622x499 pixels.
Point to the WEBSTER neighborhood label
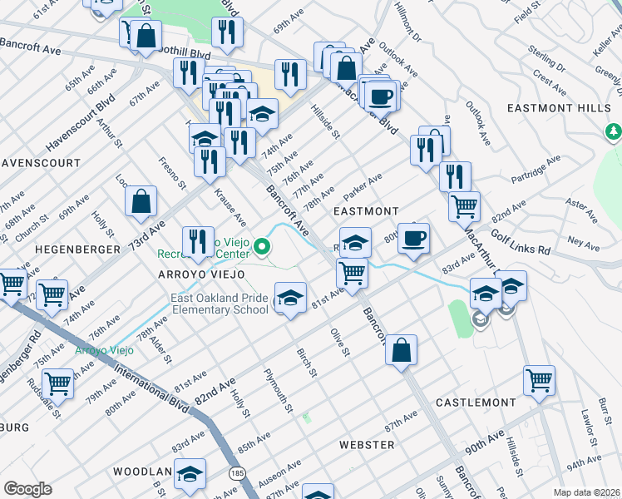point(367,445)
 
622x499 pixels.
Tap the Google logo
point(27,489)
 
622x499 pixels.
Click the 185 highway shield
point(238,473)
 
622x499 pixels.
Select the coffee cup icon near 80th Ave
point(413,240)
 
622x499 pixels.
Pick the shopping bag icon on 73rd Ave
point(142,200)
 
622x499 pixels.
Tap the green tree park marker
point(613,131)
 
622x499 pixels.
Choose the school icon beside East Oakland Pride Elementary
point(289,299)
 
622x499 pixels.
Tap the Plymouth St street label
point(278,391)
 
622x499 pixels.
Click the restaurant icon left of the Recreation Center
point(197,242)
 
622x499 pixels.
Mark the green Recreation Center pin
point(262,245)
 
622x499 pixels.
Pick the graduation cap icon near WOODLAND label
point(190,474)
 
